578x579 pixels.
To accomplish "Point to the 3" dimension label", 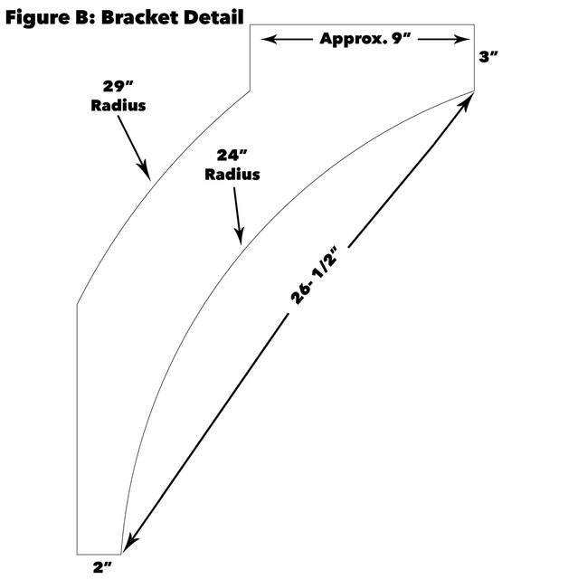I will coord(488,57).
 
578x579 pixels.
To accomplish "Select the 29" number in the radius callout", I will coord(118,88).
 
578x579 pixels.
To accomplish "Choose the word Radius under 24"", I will coord(232,174).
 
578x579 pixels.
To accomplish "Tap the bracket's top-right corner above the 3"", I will coord(475,25).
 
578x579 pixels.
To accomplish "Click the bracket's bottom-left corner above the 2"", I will coord(77,553).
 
